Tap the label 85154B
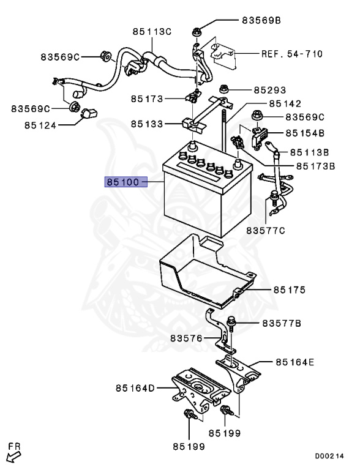tap(302, 133)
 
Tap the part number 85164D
tap(137, 387)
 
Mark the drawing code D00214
tap(331, 456)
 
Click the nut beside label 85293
tap(224, 91)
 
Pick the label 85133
tap(147, 124)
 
